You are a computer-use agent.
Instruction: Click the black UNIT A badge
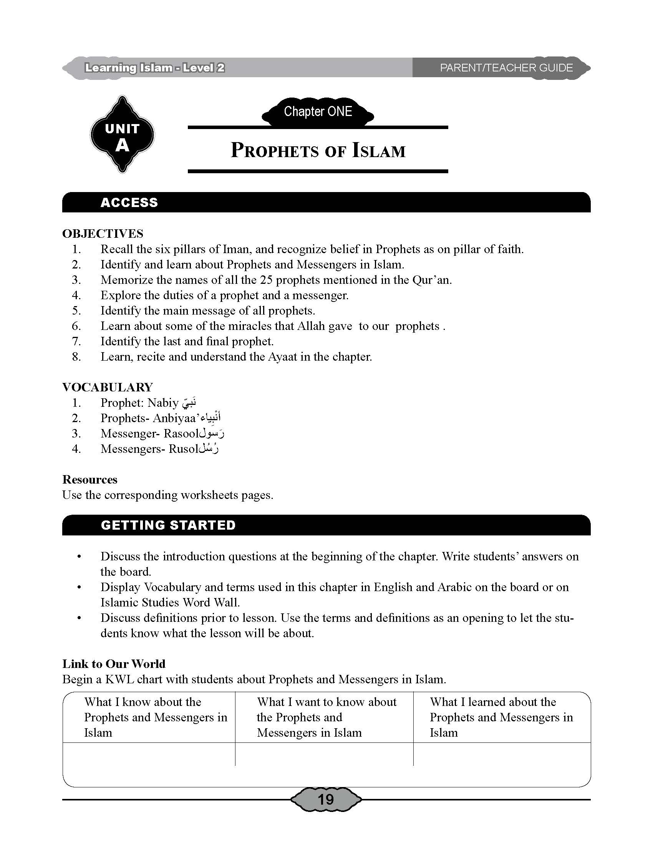click(122, 134)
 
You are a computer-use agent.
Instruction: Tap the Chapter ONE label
click(318, 112)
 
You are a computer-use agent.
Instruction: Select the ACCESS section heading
click(129, 202)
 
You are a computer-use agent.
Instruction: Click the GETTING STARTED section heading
click(168, 525)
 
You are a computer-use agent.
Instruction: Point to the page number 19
click(325, 799)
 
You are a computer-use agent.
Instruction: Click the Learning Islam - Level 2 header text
click(155, 68)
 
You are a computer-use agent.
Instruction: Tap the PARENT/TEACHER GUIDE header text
click(506, 68)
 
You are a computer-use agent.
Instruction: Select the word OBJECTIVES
click(103, 234)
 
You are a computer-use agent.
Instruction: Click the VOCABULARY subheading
click(108, 387)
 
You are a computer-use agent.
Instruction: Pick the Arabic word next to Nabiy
click(189, 403)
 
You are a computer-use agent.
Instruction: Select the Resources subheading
click(90, 479)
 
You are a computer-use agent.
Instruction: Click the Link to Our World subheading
click(114, 664)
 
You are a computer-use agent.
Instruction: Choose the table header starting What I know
click(155, 717)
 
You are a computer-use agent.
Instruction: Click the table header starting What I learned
click(501, 717)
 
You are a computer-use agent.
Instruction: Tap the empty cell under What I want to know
click(324, 754)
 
